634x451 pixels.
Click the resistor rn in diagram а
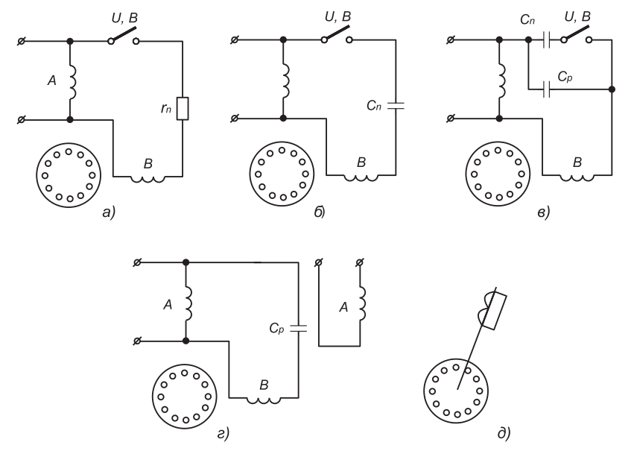[183, 108]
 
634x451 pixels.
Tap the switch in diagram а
[123, 35]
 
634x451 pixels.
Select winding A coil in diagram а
[72, 82]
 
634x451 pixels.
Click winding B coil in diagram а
[148, 178]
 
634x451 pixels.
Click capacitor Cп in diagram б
[396, 106]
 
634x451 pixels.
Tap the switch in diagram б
[337, 34]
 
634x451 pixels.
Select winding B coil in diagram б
[361, 177]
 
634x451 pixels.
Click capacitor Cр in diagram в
[547, 89]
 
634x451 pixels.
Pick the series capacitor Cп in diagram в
[547, 40]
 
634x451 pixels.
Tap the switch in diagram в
[576, 34]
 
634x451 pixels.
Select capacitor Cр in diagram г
[299, 328]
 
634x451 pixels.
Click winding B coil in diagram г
[264, 400]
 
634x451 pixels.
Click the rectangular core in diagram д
[495, 311]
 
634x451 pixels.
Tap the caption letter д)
[504, 433]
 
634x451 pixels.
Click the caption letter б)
[320, 212]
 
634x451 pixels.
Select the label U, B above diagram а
[124, 18]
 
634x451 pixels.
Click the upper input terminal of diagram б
[235, 40]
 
